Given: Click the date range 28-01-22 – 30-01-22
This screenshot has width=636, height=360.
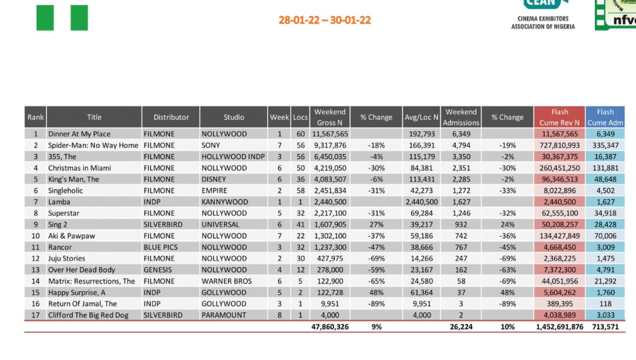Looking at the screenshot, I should click(324, 20).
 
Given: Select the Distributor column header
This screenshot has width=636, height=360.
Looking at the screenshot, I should click(171, 117).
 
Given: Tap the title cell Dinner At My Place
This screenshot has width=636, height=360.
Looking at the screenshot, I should click(79, 134).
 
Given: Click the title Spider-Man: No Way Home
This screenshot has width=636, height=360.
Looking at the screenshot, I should click(93, 145).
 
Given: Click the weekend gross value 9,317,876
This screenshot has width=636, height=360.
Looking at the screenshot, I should click(330, 145).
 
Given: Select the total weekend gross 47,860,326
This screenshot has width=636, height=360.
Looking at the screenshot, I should click(330, 327).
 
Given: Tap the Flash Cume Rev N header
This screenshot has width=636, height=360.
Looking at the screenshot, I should click(559, 117).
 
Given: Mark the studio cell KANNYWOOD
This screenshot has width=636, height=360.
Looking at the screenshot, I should click(224, 202).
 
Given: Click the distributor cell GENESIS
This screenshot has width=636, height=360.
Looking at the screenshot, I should click(158, 270).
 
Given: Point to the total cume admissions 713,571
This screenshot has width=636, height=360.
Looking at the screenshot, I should click(605, 327).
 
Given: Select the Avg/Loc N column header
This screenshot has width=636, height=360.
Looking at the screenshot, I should click(421, 117).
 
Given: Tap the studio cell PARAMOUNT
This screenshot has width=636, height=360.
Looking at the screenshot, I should click(224, 315).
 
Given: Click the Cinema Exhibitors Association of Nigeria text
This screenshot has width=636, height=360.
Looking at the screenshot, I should click(543, 22).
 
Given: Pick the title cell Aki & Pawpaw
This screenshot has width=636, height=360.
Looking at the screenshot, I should click(72, 236).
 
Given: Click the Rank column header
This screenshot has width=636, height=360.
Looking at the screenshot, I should click(36, 117).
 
